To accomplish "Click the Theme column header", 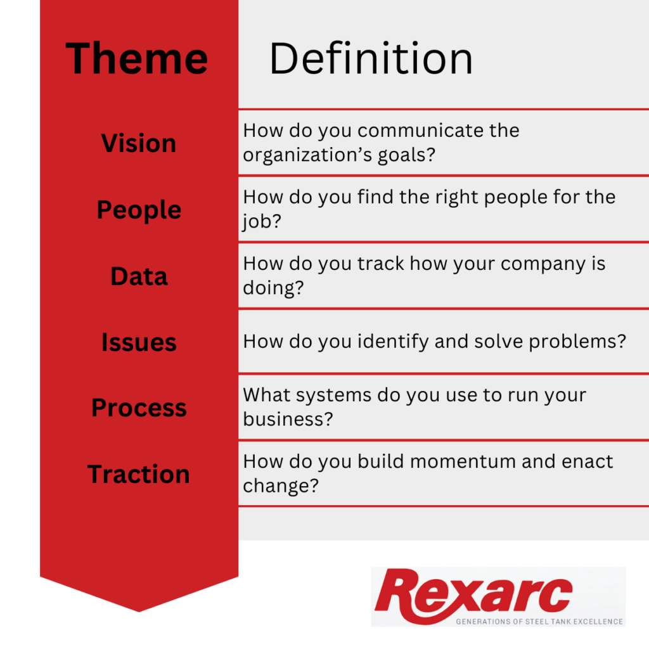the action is (x=137, y=59).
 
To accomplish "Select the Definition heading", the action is (x=371, y=59).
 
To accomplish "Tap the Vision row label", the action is (x=139, y=143).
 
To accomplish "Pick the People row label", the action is (x=139, y=210).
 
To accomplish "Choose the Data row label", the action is (x=139, y=276).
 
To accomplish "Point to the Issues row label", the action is (x=139, y=342).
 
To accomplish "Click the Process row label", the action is (x=139, y=408).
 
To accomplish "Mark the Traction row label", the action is (x=139, y=474).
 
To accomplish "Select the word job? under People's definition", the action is (x=262, y=221).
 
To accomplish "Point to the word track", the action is (x=380, y=264).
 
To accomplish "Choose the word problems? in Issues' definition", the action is (x=577, y=342).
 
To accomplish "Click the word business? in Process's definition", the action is (x=288, y=419).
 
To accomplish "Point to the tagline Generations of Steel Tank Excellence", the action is (x=539, y=622).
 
